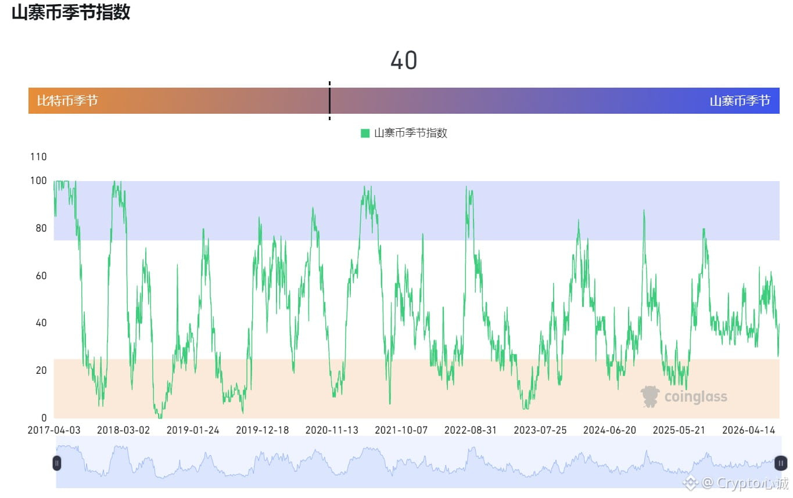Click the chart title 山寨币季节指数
71,12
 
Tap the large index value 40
404,60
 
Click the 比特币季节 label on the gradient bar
67,101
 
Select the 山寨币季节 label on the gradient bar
740,101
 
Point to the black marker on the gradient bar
329,101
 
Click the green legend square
365,133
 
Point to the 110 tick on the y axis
38,157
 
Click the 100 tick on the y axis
38,181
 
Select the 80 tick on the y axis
41,228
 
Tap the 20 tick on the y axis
41,370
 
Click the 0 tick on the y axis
44,418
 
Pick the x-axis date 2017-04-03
54,430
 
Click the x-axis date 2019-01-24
193,430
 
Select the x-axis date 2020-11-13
332,430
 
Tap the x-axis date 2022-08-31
471,430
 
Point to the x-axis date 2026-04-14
748,430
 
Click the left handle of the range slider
57,463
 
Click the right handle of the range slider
781,463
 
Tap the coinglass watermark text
695,396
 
